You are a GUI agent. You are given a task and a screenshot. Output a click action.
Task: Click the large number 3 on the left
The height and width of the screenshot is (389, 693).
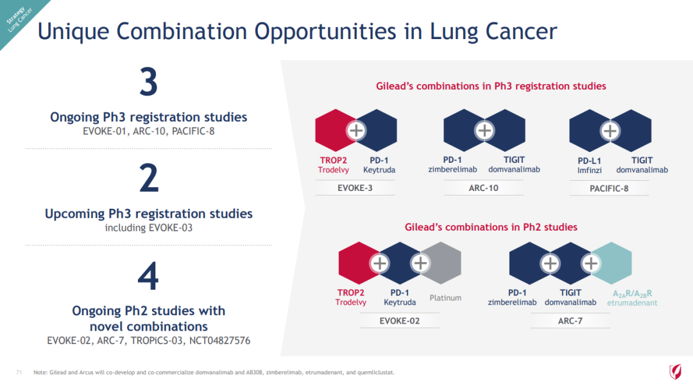point(148,81)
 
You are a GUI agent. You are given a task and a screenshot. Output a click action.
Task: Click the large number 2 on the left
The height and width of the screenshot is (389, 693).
point(149,178)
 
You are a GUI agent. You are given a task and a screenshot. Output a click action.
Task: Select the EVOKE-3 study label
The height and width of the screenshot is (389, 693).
point(355,188)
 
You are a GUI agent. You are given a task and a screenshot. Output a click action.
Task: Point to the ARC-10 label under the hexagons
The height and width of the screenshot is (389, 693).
point(484,188)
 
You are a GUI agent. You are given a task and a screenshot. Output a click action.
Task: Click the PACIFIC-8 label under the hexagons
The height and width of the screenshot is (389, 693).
point(609,188)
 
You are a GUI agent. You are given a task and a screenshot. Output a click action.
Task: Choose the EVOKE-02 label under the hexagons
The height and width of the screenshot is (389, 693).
point(400,321)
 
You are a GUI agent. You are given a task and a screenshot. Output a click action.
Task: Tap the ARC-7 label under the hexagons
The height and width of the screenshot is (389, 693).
point(570,321)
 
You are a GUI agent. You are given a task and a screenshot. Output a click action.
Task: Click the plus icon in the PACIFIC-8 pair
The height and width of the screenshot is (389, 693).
point(610,131)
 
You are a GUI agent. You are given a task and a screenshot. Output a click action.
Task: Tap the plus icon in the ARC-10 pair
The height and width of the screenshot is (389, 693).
point(484,130)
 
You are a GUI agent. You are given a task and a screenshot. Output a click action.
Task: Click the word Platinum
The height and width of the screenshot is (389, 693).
point(445,298)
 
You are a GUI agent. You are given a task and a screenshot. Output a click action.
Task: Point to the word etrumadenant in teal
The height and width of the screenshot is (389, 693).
point(632,303)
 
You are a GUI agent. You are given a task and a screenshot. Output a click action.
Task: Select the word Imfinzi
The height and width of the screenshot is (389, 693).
point(589,170)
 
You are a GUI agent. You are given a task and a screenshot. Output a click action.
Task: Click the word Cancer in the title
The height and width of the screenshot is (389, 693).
point(522,31)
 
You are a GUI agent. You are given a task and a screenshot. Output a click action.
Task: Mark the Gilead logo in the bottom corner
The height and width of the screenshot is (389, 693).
point(675,371)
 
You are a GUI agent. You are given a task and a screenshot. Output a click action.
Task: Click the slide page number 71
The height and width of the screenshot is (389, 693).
point(19,372)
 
